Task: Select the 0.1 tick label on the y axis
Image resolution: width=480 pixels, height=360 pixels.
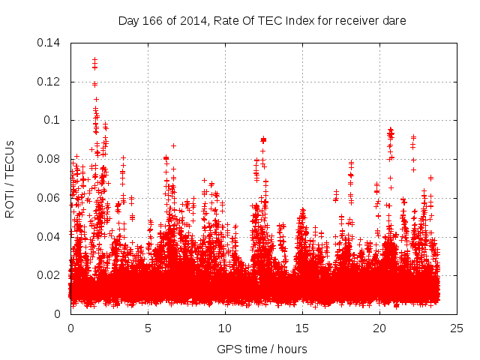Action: [54, 120]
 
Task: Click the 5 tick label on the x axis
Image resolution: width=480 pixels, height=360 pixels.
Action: [148, 328]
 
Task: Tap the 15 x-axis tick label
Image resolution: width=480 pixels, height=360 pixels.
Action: [302, 328]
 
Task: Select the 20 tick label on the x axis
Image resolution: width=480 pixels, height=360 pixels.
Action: [379, 328]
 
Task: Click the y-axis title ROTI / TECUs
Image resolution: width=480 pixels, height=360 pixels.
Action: [10, 178]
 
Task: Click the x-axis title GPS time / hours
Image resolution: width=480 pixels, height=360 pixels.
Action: [262, 349]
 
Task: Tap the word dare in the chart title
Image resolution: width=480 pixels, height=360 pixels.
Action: [394, 21]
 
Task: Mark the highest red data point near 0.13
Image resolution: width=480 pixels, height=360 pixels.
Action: [95, 58]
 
